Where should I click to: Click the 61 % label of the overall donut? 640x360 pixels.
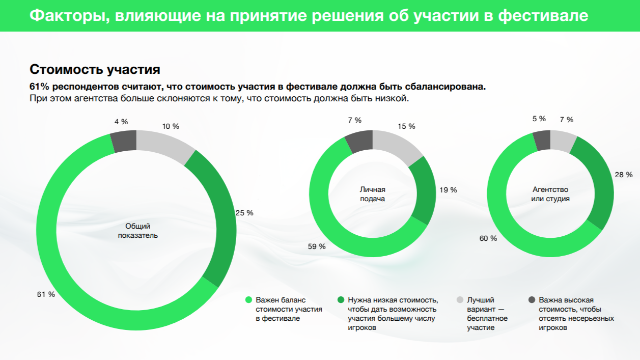click(46, 294)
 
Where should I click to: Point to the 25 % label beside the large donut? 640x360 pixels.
click(244, 213)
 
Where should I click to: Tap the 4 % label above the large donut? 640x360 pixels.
click(121, 122)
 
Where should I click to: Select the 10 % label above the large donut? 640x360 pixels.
click(171, 126)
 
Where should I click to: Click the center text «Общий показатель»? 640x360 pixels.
click(138, 231)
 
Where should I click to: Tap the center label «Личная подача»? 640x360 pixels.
click(373, 194)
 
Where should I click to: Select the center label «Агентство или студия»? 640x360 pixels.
click(550, 194)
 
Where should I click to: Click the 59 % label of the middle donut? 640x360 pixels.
click(317, 246)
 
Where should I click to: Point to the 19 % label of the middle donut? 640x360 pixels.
click(448, 190)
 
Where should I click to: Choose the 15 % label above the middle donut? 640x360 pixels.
click(406, 126)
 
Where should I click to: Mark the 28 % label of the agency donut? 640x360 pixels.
click(624, 175)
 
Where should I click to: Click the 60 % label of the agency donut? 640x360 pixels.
click(488, 238)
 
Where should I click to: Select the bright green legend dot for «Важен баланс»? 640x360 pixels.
click(248, 300)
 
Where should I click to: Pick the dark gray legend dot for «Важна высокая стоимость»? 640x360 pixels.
click(532, 300)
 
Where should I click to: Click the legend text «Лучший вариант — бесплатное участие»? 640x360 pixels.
click(487, 314)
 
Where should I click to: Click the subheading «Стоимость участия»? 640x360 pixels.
click(95, 69)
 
